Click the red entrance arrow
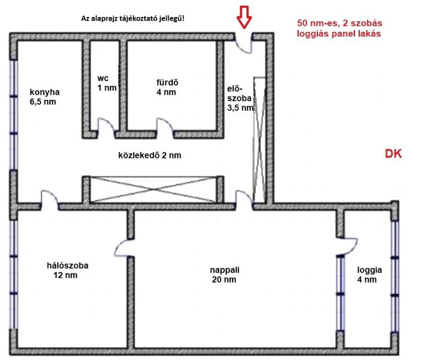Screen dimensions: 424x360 click(x=244, y=17)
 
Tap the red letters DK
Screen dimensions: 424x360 click(x=393, y=154)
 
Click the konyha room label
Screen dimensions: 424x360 click(x=45, y=97)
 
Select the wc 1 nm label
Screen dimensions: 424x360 click(x=107, y=83)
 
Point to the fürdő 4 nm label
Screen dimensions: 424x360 click(x=167, y=87)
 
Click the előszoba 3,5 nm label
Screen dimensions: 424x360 click(x=241, y=98)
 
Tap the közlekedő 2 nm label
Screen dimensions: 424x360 click(x=150, y=155)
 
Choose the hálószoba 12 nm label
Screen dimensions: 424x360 click(x=68, y=270)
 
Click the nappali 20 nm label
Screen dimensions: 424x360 click(x=224, y=275)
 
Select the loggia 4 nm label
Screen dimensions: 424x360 click(x=369, y=275)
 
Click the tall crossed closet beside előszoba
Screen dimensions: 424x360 click(x=259, y=140)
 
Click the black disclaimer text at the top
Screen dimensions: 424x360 click(x=133, y=19)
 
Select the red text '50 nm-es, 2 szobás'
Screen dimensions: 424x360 click(x=340, y=23)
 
